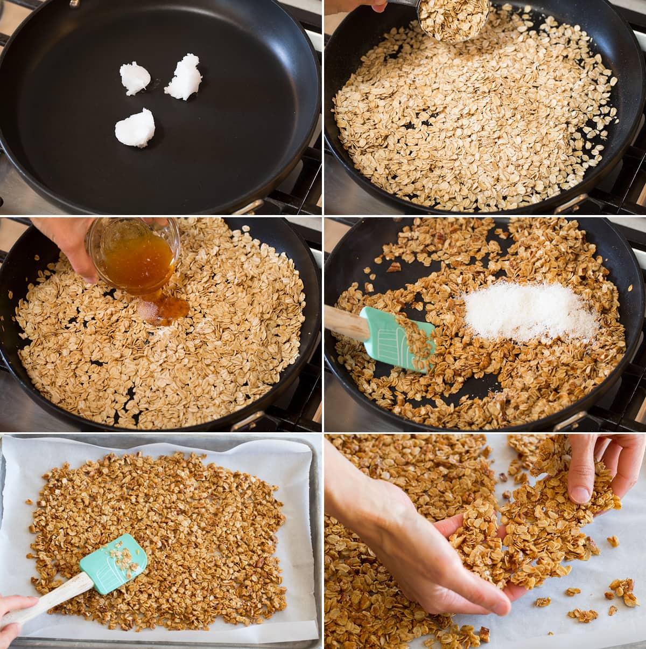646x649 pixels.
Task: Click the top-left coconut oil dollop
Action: (x=134, y=78)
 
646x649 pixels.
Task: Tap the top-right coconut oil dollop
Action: (x=184, y=77)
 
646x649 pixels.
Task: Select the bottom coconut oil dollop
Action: (x=135, y=128)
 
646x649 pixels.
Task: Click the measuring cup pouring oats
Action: (x=452, y=19)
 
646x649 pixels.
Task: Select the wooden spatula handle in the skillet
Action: (x=345, y=322)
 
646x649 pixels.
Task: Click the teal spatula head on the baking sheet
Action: (x=114, y=563)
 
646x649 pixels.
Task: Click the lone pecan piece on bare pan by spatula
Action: (x=394, y=267)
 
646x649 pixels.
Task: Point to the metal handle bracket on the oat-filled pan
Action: (x=571, y=203)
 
